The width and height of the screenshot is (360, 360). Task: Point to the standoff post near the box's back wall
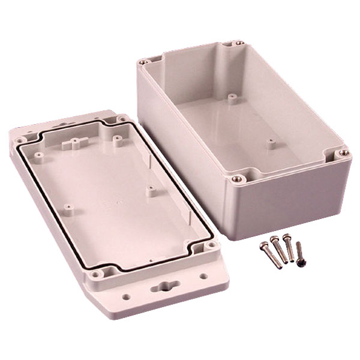tap(231, 95)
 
